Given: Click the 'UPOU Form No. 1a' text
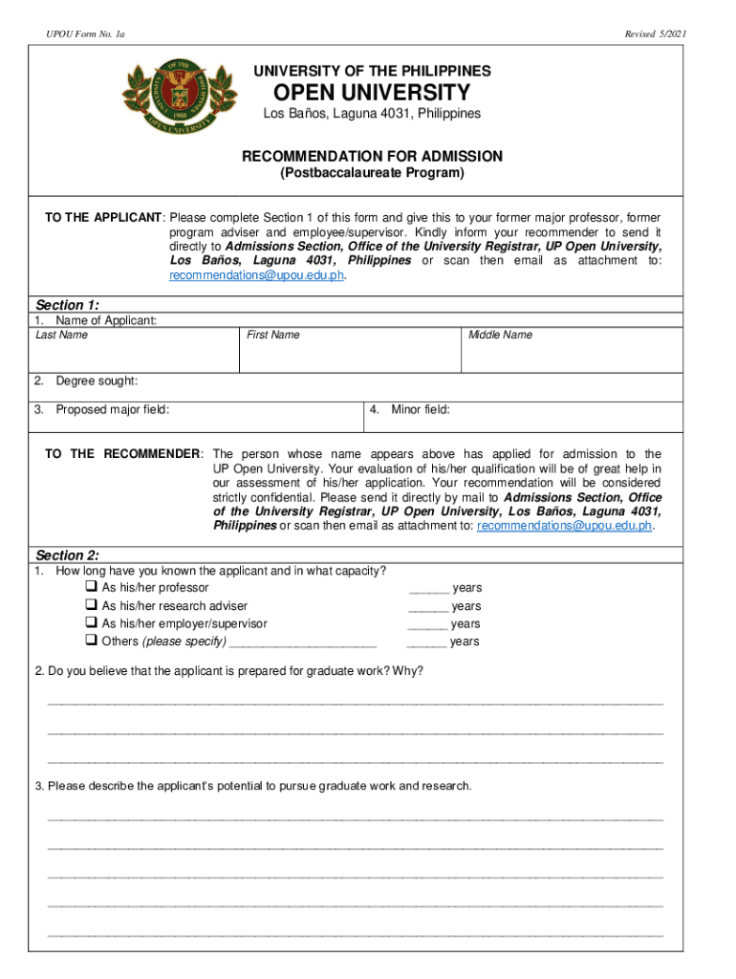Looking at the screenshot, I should point(84,34).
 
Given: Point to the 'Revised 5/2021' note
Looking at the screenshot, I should point(655,34).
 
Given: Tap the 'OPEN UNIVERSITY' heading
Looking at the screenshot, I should point(372,93).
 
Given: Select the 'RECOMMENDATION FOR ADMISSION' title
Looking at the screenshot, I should point(372,156).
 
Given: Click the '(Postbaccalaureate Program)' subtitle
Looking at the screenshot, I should point(372,173).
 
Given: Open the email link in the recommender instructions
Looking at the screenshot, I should point(564,526).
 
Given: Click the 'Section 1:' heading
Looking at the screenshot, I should point(68,305).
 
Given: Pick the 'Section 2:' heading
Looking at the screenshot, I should point(68,555).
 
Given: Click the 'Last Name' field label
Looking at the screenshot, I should point(62,335).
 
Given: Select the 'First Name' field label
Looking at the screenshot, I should point(273,335).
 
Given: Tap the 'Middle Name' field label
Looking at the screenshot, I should point(501,335).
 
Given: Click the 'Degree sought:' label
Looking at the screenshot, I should point(97,381).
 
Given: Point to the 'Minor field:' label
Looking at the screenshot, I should point(421,410).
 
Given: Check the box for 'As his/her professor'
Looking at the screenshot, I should point(91,587).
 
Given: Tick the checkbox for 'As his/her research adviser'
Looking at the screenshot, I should point(91,605).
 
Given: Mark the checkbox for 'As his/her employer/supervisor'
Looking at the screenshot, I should point(91,622).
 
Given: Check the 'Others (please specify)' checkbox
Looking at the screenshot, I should point(91,640).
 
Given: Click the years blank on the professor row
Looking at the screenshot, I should point(428,589).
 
